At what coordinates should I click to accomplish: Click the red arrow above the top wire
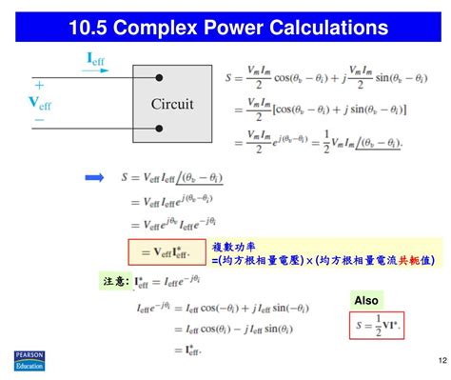click(x=94, y=74)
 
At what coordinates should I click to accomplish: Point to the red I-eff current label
click(x=96, y=60)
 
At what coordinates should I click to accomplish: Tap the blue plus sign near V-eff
click(x=39, y=85)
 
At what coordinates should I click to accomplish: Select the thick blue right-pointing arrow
click(x=94, y=176)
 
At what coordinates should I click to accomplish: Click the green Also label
click(x=366, y=300)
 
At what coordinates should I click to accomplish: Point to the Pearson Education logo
click(x=29, y=359)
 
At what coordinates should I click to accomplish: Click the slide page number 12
click(x=441, y=360)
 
